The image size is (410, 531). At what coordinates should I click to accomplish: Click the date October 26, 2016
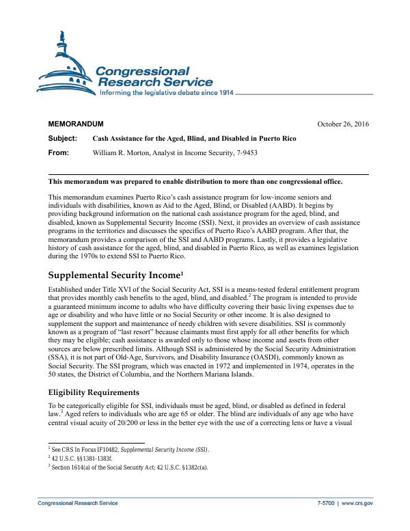coord(343,124)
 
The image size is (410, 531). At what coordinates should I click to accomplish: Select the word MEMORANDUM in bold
coord(76,124)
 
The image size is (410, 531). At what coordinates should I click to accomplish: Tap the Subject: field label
coord(62,138)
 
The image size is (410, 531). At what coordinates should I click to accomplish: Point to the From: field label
coord(59,152)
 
